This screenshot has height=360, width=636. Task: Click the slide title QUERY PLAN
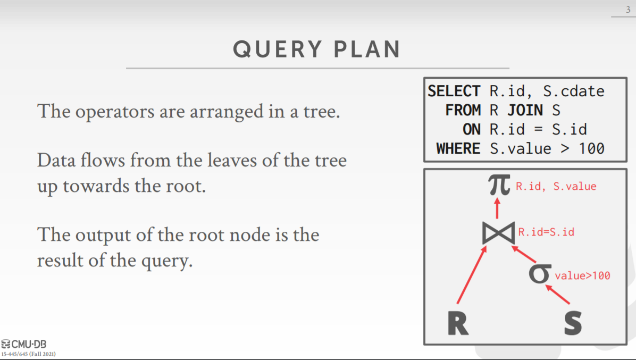pyautogui.click(x=317, y=49)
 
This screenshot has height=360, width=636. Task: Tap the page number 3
pyautogui.click(x=627, y=9)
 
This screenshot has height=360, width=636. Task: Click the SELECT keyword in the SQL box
pyautogui.click(x=454, y=91)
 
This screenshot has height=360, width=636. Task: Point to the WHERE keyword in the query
pyautogui.click(x=458, y=148)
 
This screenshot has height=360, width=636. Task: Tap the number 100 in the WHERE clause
pyautogui.click(x=591, y=148)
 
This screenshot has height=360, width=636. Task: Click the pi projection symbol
pyautogui.click(x=499, y=185)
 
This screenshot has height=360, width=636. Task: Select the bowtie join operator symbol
pyautogui.click(x=498, y=232)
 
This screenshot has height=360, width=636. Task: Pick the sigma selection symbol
pyautogui.click(x=540, y=273)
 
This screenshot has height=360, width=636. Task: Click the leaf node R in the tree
pyautogui.click(x=458, y=322)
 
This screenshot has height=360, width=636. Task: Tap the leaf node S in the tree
pyautogui.click(x=573, y=322)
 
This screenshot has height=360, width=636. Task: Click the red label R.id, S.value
pyautogui.click(x=556, y=187)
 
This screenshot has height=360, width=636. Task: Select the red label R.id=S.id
pyautogui.click(x=546, y=232)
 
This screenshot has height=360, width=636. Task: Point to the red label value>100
pyautogui.click(x=582, y=275)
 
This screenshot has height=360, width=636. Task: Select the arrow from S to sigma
pyautogui.click(x=558, y=295)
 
